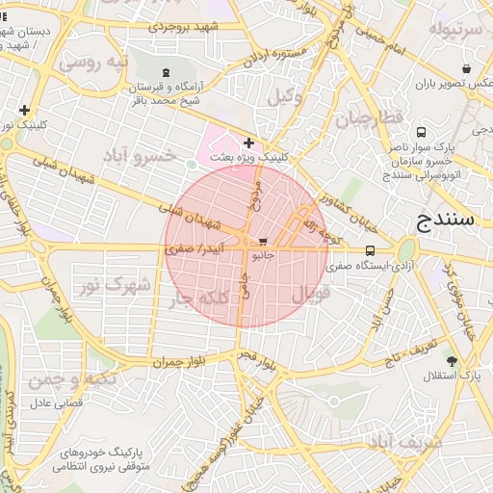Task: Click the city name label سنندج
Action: click(448, 221)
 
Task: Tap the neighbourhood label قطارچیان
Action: click(365, 120)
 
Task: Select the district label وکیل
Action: click(284, 96)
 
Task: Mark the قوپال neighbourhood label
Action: click(310, 293)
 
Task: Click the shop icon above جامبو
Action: click(263, 242)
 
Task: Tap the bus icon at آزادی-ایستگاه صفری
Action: click(372, 250)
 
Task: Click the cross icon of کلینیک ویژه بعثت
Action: click(248, 143)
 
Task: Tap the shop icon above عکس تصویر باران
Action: click(467, 69)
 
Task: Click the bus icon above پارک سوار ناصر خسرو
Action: click(421, 132)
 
